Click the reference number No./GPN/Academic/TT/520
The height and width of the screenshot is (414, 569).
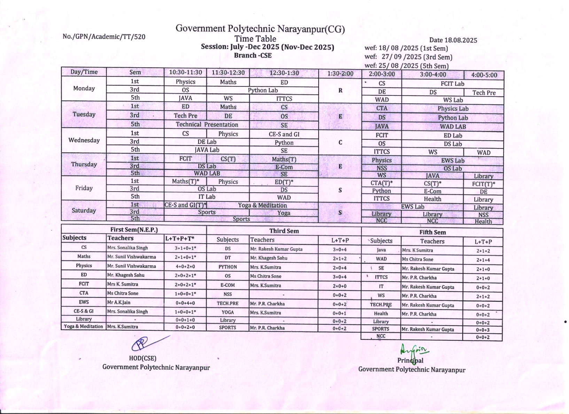coord(104,37)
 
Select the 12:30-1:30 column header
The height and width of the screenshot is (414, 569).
coord(284,73)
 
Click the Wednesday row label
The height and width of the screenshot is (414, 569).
coord(84,140)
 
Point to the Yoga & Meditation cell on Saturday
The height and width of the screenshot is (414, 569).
coord(262,205)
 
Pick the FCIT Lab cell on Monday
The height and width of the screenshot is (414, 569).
coord(452,84)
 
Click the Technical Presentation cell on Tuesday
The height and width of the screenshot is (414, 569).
coord(207,124)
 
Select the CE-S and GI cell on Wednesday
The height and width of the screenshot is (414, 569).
coord(284,134)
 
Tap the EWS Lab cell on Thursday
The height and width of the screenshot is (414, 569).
coord(452,161)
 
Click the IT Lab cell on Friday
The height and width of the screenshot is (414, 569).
coord(207,197)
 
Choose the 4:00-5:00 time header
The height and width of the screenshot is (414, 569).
coord(484,75)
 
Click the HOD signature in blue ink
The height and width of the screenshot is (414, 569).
coord(146,343)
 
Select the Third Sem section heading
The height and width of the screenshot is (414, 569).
coord(284,231)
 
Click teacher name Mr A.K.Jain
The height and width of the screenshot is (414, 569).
coord(119,302)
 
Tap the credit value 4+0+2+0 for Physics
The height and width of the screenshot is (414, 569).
coord(185,266)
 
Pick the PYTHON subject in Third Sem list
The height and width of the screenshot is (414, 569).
coord(227,267)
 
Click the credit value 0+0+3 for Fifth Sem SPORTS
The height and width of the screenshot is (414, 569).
coord(483,330)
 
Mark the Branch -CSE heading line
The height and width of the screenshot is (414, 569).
coord(253,55)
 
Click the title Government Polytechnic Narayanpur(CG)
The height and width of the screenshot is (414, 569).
coord(260,29)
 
